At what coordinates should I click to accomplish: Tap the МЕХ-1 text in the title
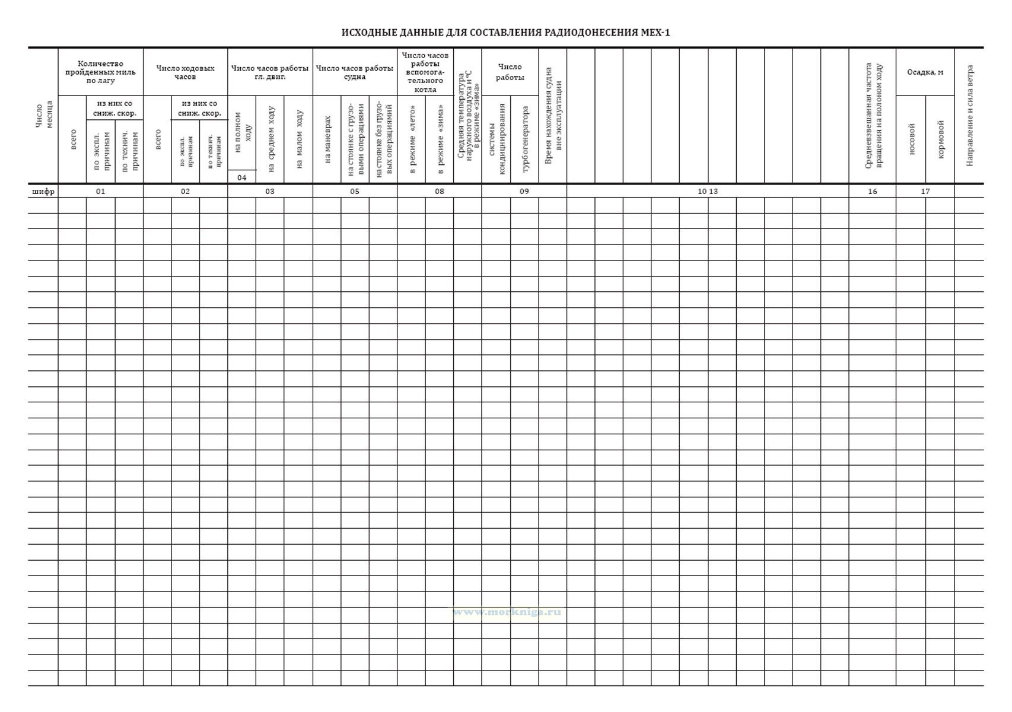655,33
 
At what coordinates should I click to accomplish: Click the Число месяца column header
43,115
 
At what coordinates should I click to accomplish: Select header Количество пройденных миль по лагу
100,72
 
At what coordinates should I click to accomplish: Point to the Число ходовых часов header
185,72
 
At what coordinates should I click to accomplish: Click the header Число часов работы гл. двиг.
270,72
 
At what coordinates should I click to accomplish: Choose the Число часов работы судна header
355,72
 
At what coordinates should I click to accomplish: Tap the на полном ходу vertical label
242,132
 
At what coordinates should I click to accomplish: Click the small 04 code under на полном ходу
242,177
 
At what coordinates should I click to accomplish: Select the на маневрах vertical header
327,139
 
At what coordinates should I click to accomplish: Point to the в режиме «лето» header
412,139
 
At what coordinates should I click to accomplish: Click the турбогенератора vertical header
525,139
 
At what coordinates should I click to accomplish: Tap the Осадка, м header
925,72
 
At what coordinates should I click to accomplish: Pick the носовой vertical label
911,139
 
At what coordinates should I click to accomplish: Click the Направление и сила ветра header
970,115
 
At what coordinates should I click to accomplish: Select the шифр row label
43,191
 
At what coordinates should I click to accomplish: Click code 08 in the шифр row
439,191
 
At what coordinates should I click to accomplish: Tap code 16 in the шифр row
872,191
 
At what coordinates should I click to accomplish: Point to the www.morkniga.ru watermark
507,612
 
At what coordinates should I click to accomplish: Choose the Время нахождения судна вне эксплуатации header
553,115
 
